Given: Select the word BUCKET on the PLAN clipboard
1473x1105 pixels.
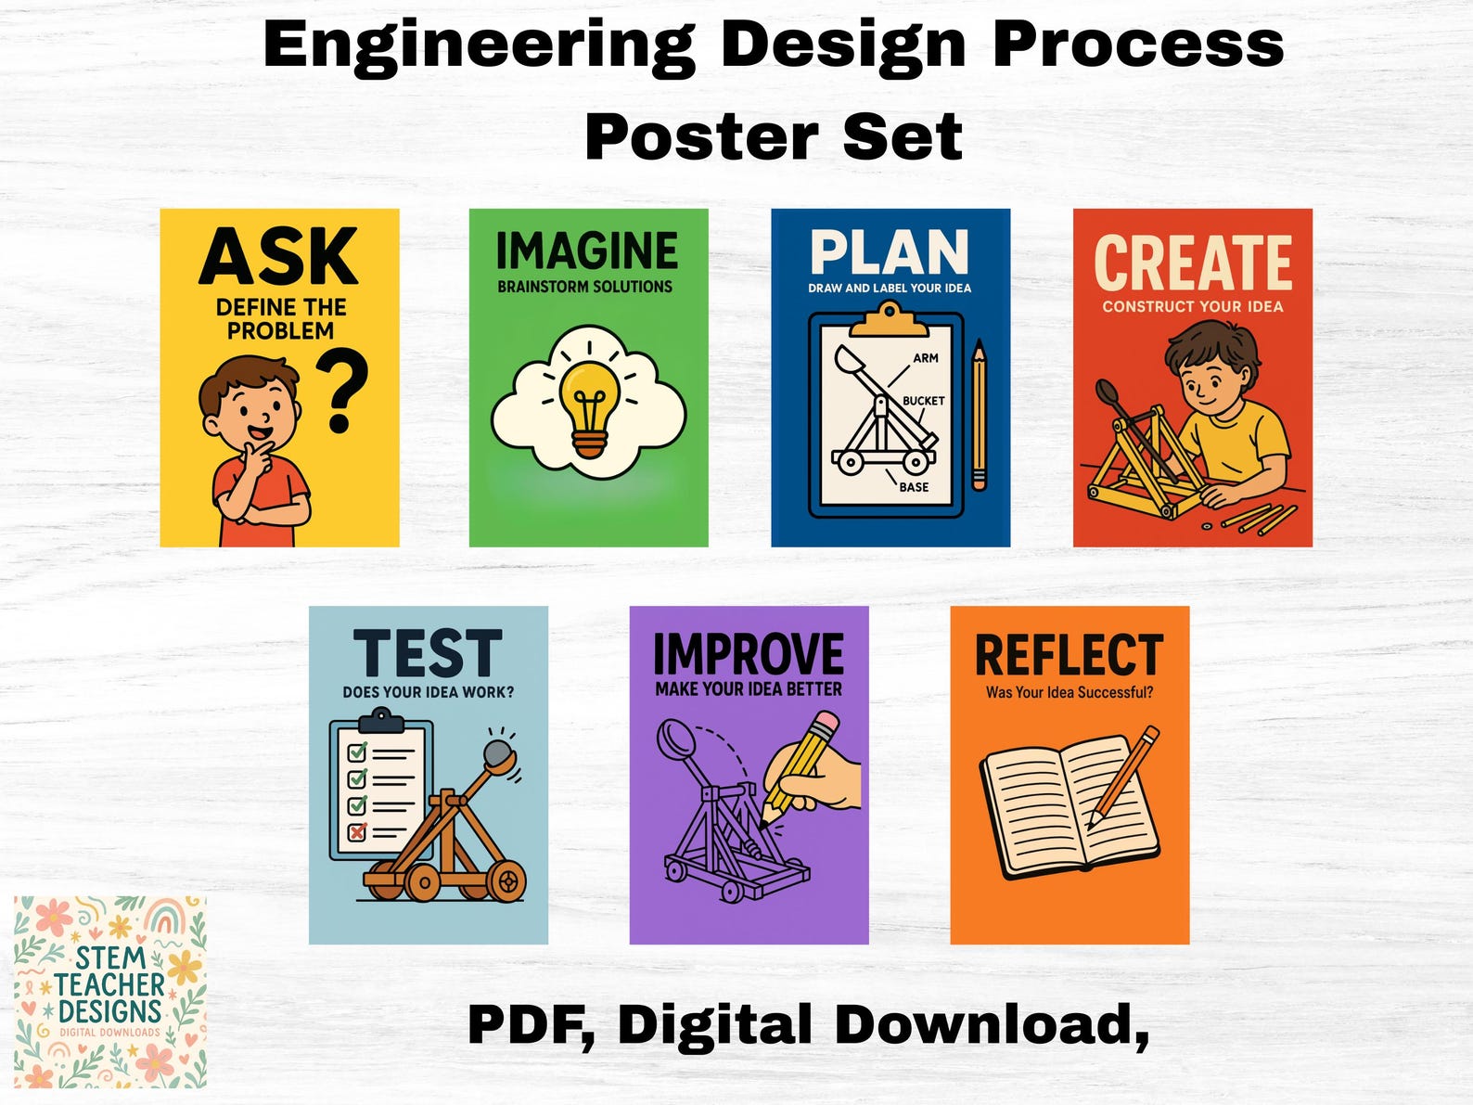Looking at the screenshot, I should [923, 401].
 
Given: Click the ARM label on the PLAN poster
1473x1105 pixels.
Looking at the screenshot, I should [926, 358].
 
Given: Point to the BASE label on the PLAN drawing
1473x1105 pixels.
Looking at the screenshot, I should [914, 487].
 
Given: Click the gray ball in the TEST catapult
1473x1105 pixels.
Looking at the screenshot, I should [499, 752].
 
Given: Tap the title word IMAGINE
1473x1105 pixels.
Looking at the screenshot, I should [587, 251].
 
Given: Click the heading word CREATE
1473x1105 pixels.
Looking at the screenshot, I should [1193, 263].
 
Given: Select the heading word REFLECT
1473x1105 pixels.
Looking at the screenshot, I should [1069, 656].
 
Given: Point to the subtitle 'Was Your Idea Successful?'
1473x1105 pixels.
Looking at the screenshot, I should [1070, 692].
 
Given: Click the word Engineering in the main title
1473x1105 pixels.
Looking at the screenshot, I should [479, 45].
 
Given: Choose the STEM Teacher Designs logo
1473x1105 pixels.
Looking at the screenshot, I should [110, 992].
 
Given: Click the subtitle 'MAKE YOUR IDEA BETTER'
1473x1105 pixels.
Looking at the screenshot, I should [749, 689].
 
